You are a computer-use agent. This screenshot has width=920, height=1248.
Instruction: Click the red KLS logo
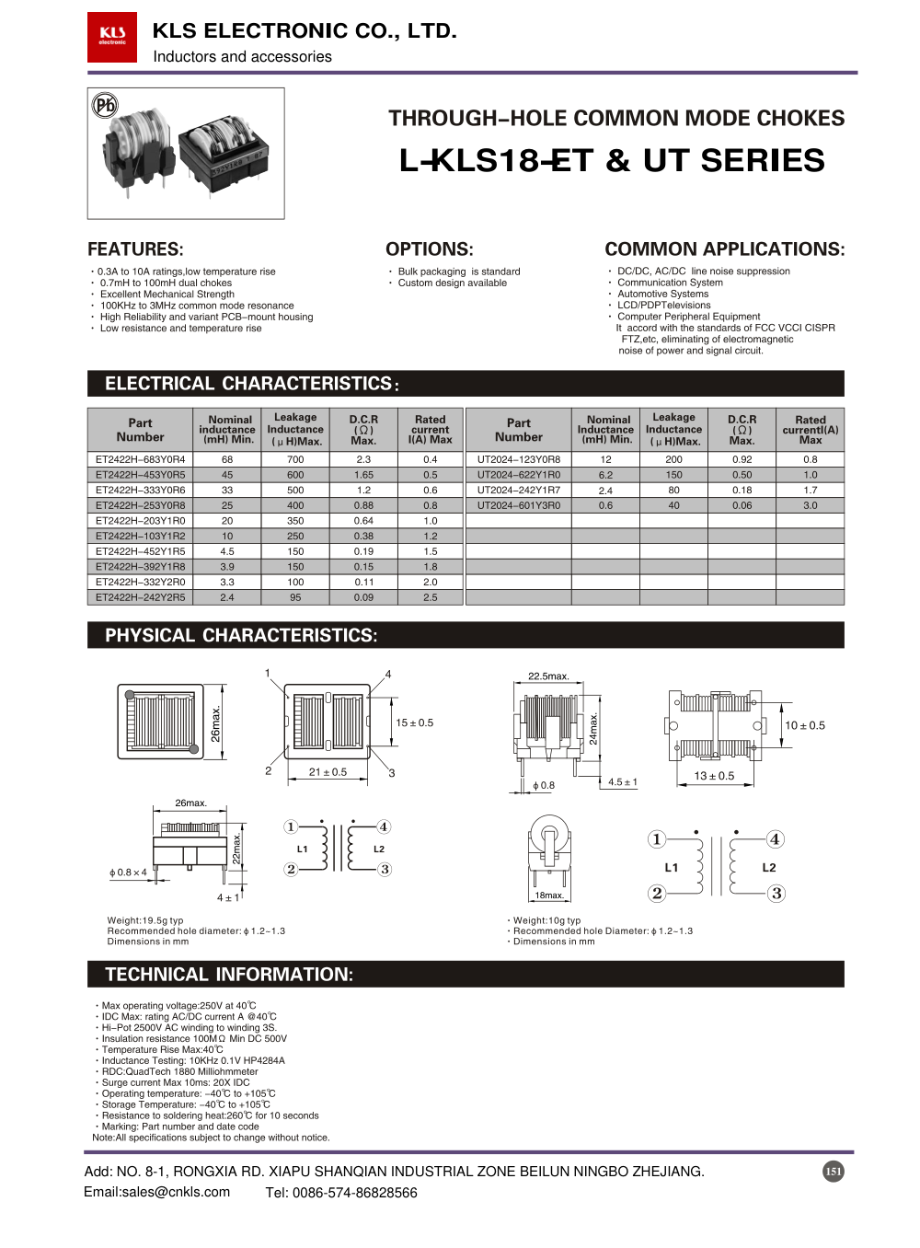[x=112, y=37]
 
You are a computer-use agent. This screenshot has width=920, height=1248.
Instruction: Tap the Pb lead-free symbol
[x=105, y=105]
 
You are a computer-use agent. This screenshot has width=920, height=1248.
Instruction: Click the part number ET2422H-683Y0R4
[x=140, y=459]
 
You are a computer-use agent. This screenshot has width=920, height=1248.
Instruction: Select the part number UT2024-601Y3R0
[x=518, y=505]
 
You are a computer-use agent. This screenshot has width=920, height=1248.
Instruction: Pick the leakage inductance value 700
[x=295, y=459]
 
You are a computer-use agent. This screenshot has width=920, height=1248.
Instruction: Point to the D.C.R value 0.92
[x=742, y=459]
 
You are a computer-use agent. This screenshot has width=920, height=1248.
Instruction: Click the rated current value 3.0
[x=810, y=505]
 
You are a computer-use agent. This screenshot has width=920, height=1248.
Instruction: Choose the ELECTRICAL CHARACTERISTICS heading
[x=251, y=384]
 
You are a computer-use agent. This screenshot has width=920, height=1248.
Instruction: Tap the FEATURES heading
[x=135, y=249]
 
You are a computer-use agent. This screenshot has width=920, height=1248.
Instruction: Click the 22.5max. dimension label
[x=548, y=676]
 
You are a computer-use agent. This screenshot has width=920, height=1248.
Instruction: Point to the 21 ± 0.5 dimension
[x=328, y=772]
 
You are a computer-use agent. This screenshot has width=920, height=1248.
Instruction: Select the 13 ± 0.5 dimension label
[x=714, y=776]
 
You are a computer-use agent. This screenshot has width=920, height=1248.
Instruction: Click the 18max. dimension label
[x=549, y=896]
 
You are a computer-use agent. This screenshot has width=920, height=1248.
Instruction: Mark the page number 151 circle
[x=833, y=1172]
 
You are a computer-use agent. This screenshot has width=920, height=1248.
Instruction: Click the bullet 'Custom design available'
[x=452, y=283]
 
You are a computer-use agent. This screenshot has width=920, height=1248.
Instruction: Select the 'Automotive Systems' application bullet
[x=662, y=295]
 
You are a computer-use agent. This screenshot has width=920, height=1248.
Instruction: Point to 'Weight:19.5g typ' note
[x=145, y=920]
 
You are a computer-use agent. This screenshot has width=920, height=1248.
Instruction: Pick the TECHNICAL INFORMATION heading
[x=229, y=975]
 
